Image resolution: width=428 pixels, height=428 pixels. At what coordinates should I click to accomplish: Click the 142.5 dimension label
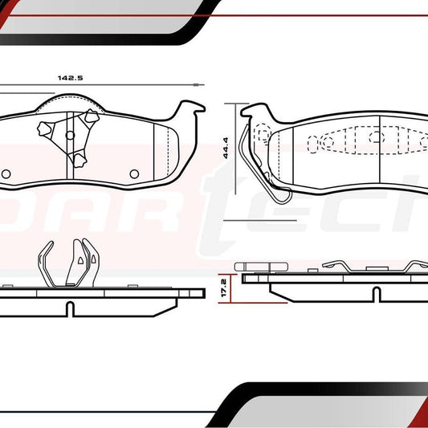point(71,77)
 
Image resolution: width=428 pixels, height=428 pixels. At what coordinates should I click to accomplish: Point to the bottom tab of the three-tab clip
point(79,160)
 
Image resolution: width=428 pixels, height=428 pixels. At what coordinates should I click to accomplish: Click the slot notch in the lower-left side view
point(69,307)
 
